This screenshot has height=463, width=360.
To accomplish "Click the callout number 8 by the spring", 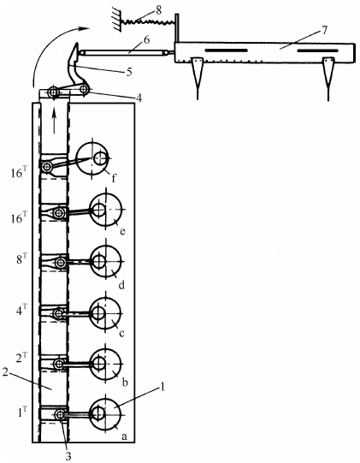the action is coord(158,11).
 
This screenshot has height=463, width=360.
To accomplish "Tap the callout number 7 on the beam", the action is coord(324,31).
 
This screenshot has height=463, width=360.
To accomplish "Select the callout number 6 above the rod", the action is coord(147,40).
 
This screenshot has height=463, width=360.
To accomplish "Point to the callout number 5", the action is coord(128,71).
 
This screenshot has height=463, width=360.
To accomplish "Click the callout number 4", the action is coord(138,98).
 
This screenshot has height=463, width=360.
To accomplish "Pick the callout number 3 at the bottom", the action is coord(68,455).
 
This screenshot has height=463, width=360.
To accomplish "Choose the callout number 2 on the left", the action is coord(6,372).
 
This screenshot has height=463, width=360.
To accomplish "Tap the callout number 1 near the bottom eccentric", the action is coord(162,387).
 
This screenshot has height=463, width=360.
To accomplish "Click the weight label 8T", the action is coord(21,260).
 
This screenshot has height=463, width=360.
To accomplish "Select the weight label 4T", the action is coord(21,310).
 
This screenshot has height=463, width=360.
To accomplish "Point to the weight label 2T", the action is coord(21,361).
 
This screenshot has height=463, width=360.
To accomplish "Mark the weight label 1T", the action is coord(22,412).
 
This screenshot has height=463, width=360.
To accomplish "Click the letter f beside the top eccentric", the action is coord(114,178).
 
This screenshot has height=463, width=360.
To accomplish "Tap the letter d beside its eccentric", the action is coord(121,285).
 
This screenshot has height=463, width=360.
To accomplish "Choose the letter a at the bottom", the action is coord(124,436).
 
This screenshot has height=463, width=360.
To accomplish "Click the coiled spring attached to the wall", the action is coord(150,21).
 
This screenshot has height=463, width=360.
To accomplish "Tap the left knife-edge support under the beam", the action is coord(198,77).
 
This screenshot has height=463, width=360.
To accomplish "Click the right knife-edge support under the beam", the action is coord(328,78).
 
